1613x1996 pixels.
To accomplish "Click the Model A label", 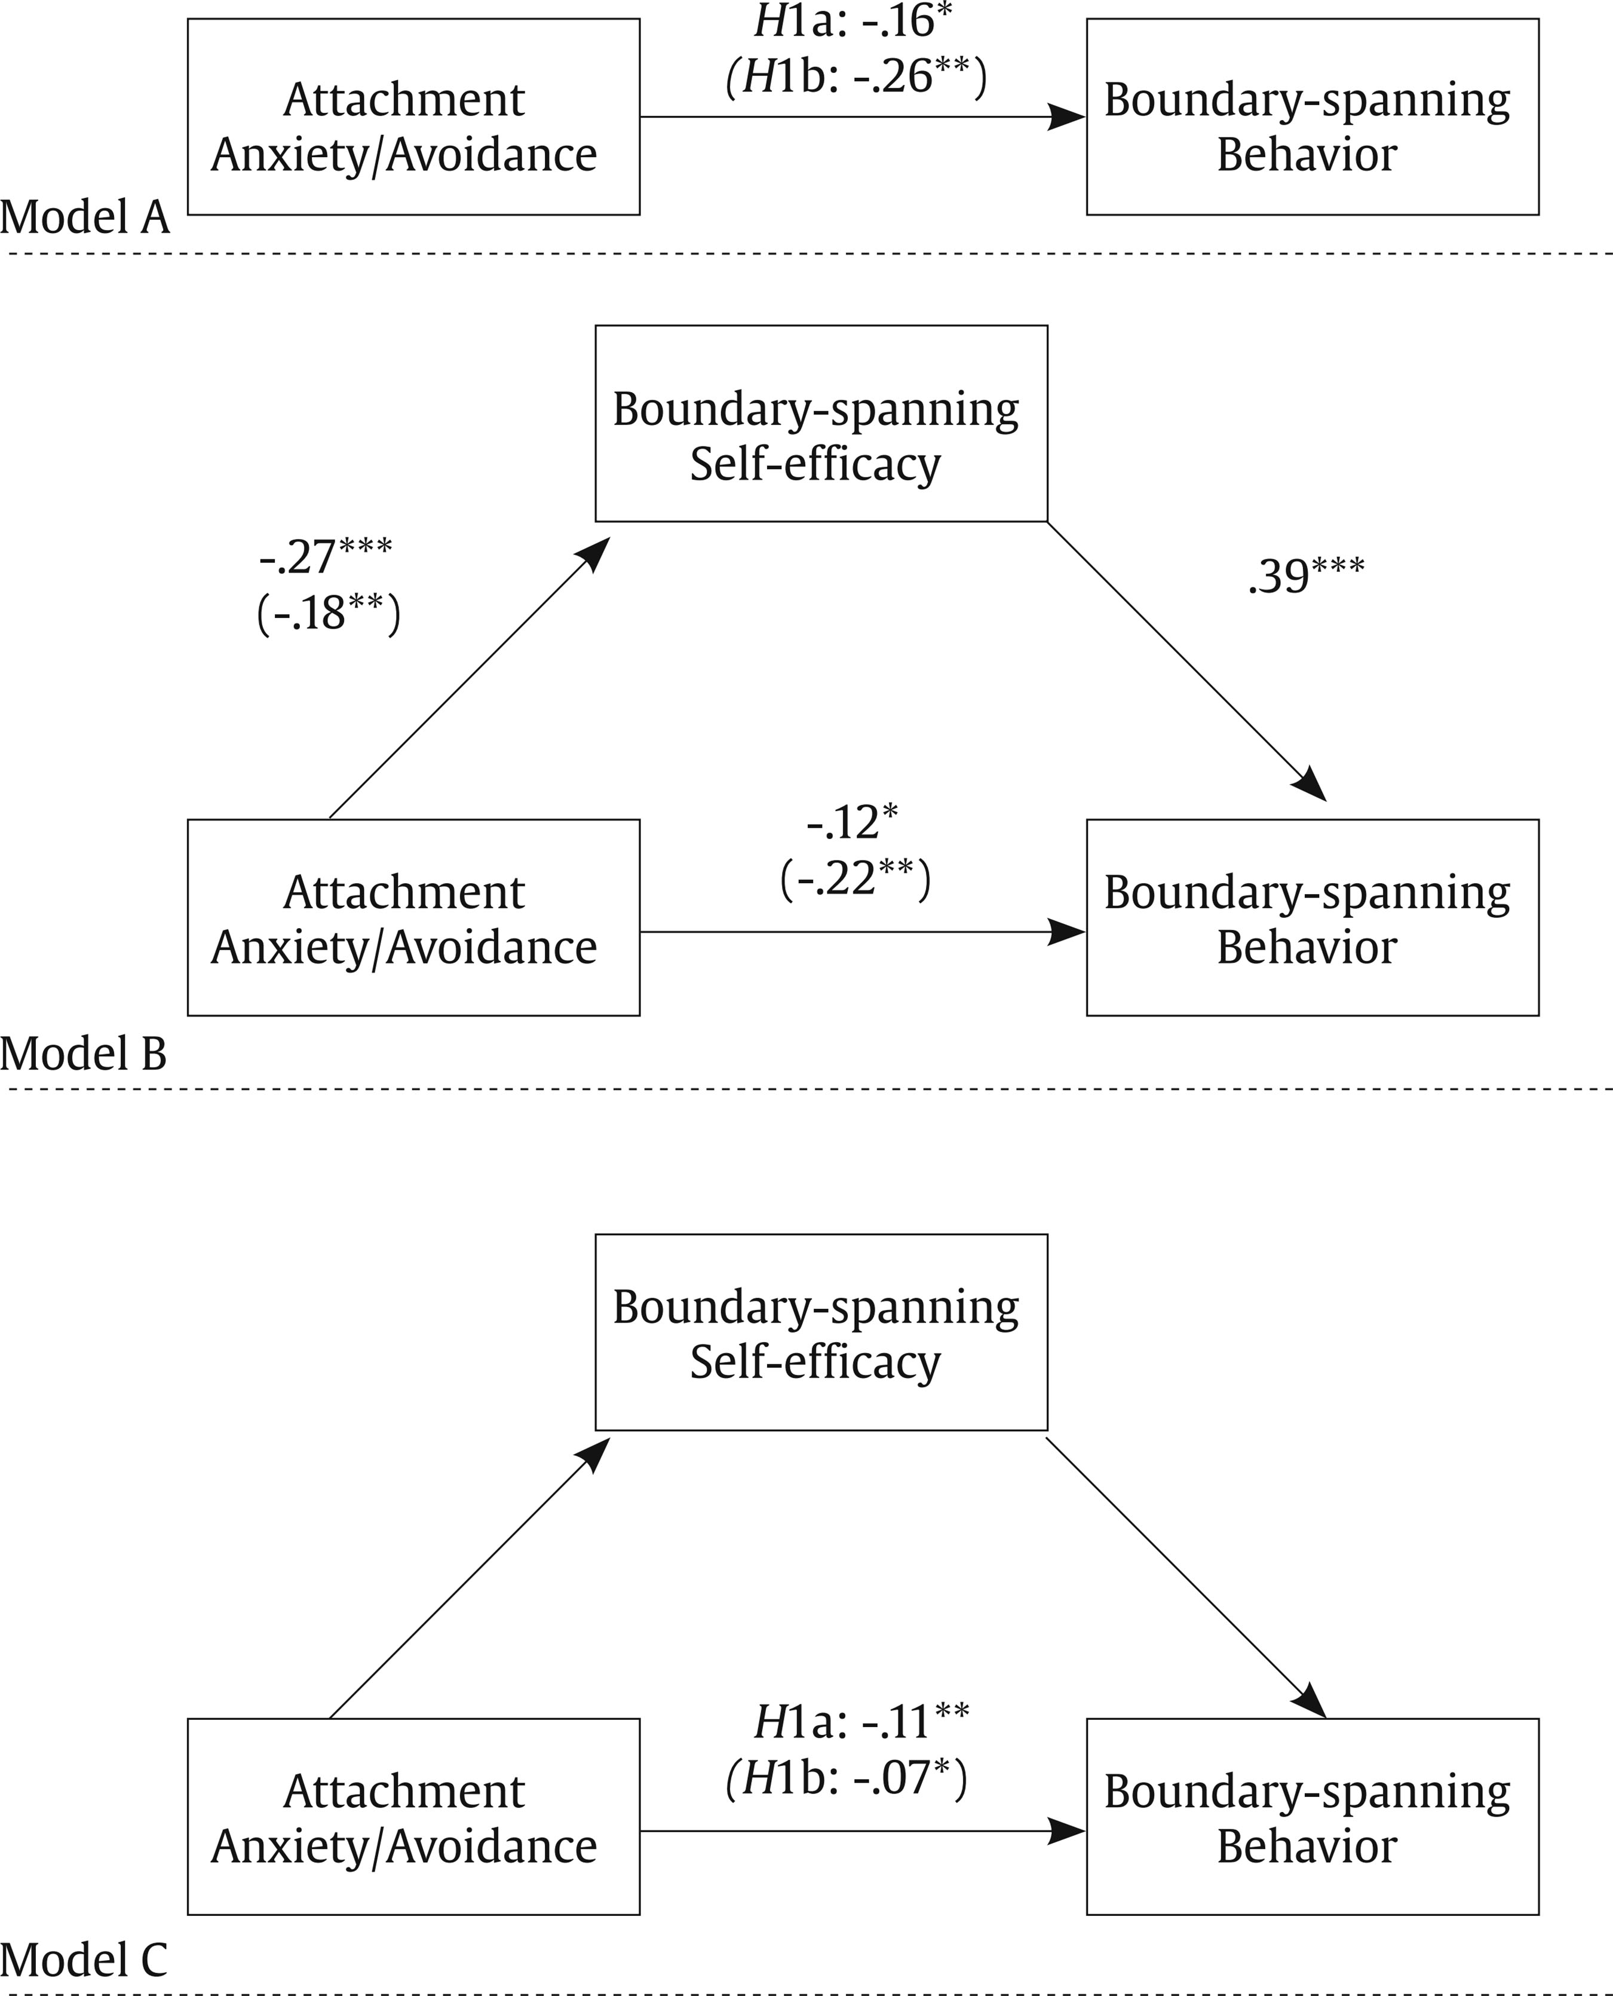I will pyautogui.click(x=85, y=218).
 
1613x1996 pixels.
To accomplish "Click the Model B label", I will pyautogui.click(x=84, y=1054).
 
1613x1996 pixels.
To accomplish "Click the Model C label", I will pyautogui.click(x=84, y=1960).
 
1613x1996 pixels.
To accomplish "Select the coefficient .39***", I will pyautogui.click(x=1305, y=575).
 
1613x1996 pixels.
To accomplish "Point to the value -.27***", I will pyautogui.click(x=325, y=556).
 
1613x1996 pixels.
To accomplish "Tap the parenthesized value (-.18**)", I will pyautogui.click(x=328, y=613).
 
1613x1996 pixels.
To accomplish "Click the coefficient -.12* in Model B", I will pyautogui.click(x=852, y=822).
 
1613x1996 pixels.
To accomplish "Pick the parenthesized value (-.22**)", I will pyautogui.click(x=855, y=878).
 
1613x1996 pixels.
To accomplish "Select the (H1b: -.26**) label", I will pyautogui.click(x=855, y=77).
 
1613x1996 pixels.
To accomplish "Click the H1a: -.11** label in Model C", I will pyautogui.click(x=860, y=1722).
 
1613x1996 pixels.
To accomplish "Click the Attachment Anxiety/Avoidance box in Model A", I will pyautogui.click(x=413, y=117).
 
